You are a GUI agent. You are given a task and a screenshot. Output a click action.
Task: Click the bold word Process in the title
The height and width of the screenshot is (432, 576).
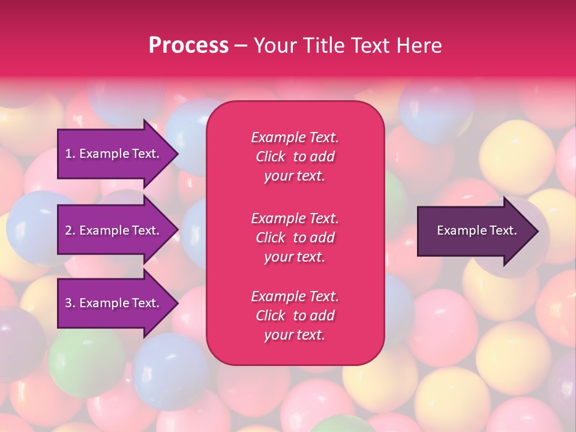point(188,46)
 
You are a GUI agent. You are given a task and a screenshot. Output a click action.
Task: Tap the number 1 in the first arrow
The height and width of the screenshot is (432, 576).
point(68,154)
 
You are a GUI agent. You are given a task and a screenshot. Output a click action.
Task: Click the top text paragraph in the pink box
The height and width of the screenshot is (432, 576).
point(295,157)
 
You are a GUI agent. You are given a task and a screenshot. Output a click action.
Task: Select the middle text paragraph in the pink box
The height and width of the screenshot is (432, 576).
point(295,238)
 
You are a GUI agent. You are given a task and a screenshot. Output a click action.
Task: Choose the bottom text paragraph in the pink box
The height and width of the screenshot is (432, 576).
point(295,316)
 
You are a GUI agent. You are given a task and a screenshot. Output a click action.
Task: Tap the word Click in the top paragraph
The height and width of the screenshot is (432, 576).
point(270,157)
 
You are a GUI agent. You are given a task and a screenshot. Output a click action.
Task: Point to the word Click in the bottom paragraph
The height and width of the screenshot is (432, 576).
point(270,316)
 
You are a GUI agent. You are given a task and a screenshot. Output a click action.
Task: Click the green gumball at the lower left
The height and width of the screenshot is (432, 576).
point(78,363)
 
